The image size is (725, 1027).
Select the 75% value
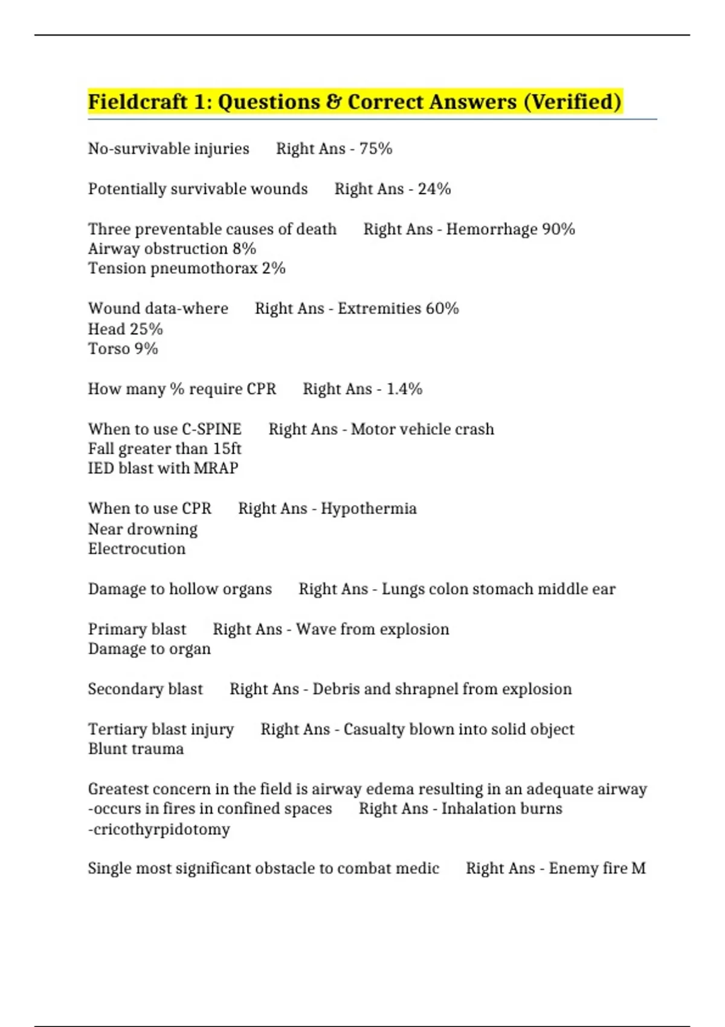click(x=376, y=149)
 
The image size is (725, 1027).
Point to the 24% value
click(x=434, y=189)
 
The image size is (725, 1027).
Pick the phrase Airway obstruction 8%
click(x=172, y=249)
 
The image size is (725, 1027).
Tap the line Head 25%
click(x=126, y=329)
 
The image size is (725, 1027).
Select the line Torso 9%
click(x=123, y=349)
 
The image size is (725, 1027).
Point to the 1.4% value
click(x=404, y=389)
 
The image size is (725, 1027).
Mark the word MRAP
click(x=216, y=468)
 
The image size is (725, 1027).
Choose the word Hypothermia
click(x=369, y=509)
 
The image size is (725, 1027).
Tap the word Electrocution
click(x=137, y=549)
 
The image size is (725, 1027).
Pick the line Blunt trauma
click(x=136, y=749)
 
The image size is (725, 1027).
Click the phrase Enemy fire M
click(x=597, y=869)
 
